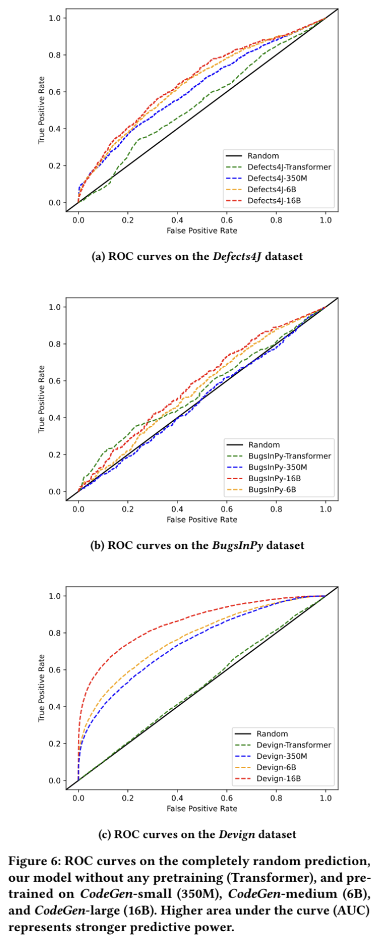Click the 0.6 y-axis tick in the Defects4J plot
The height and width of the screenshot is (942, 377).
click(x=55, y=92)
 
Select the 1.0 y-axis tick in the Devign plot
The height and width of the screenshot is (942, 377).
click(x=55, y=596)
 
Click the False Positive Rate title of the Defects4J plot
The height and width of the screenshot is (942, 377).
click(x=202, y=230)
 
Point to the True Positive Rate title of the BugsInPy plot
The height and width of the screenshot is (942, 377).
click(x=42, y=399)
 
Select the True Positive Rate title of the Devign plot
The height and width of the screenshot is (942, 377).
click(x=42, y=688)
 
